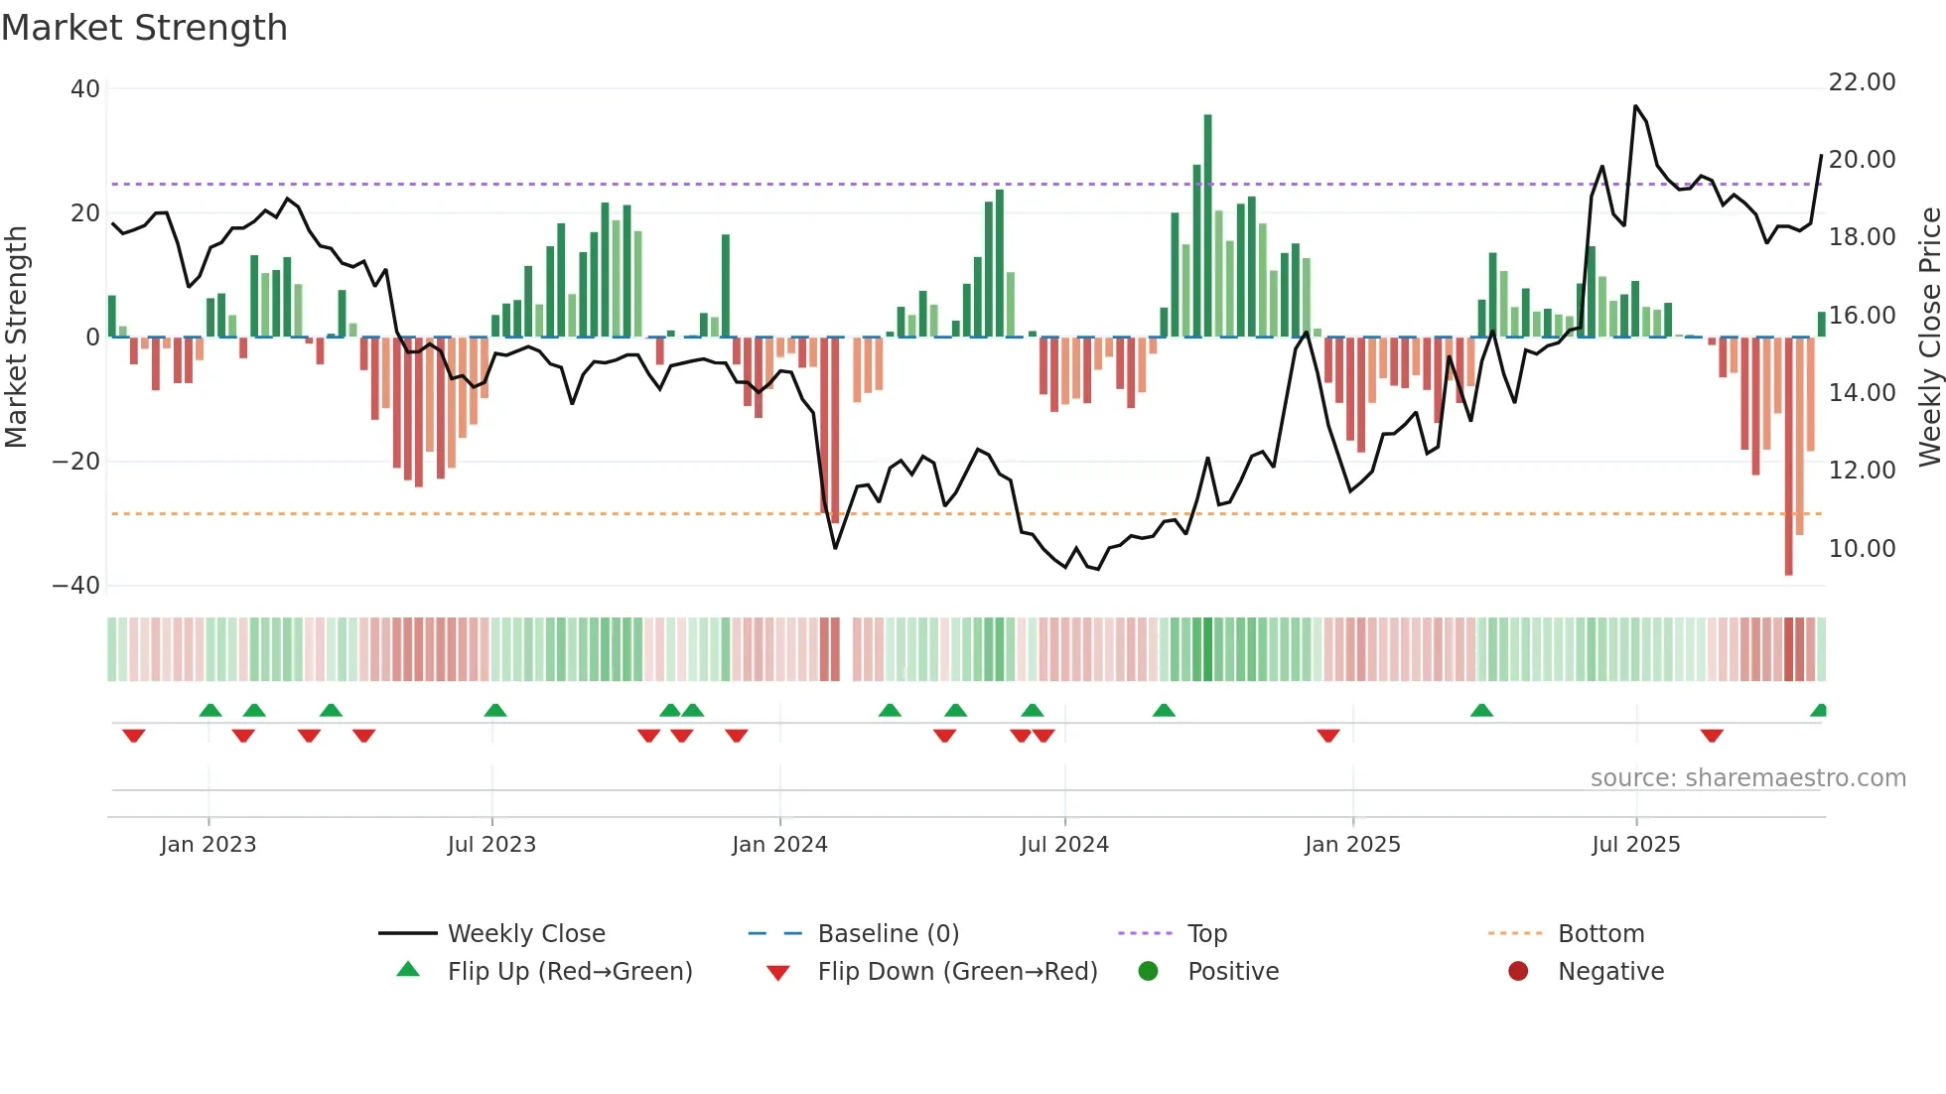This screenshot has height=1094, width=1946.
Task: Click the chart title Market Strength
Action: click(144, 28)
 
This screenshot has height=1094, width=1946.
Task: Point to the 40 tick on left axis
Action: click(85, 89)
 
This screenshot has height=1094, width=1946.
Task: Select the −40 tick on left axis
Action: click(76, 586)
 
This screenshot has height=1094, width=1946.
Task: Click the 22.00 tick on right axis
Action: click(1862, 82)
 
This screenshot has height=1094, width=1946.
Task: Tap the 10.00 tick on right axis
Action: click(1862, 549)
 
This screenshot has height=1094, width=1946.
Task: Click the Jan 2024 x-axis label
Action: click(779, 845)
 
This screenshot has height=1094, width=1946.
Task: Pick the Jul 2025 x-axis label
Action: click(1635, 845)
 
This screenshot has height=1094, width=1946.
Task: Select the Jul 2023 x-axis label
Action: click(491, 845)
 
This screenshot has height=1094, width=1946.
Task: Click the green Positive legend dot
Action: click(1149, 972)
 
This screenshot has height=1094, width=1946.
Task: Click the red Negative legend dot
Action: click(1518, 972)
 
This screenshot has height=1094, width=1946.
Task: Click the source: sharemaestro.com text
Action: click(1747, 778)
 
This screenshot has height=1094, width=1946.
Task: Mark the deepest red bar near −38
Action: click(1788, 457)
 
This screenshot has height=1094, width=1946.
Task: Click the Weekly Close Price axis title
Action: click(1929, 337)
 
